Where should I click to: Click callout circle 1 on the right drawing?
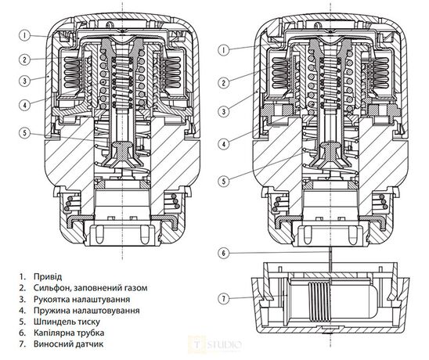(224, 49)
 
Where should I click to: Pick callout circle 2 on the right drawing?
(224, 82)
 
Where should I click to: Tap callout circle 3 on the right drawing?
(224, 112)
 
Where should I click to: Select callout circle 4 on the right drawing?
(224, 143)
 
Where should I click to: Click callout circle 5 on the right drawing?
(224, 182)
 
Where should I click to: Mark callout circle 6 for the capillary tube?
(224, 253)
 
